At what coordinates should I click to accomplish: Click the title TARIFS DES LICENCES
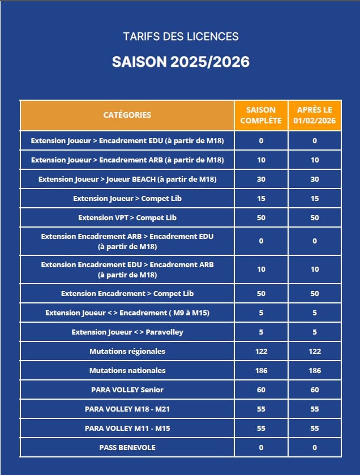181,37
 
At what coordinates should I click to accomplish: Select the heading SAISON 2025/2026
181,62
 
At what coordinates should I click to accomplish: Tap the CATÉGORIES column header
127,115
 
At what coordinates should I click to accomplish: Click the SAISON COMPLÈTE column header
261,115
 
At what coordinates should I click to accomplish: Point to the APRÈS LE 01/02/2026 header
315,115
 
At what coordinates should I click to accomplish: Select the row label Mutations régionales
127,352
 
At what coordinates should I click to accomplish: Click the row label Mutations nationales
127,371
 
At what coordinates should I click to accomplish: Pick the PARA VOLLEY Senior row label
127,390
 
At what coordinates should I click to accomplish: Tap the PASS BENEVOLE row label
127,448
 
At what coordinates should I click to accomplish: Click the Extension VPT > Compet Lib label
127,218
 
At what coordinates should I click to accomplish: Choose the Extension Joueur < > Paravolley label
127,332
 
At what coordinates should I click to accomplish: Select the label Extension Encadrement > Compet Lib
127,294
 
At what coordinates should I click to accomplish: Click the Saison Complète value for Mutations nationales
261,371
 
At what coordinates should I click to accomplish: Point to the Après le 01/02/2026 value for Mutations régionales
315,352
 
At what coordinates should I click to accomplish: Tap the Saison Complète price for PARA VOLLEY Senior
261,390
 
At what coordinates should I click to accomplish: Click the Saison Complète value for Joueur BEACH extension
261,179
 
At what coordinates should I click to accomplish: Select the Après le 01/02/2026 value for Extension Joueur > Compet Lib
315,199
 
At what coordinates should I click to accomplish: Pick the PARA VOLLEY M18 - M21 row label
127,409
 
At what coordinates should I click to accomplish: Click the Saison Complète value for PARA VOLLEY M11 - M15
261,429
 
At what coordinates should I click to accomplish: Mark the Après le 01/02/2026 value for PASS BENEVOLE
315,448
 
